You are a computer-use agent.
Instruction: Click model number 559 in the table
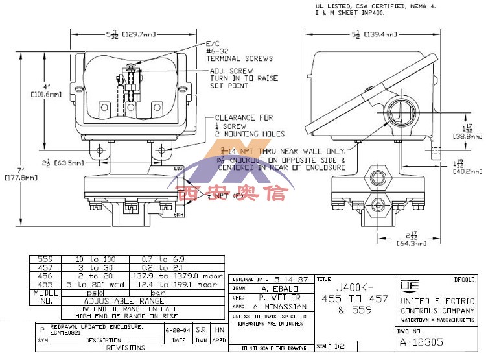tap(45, 259)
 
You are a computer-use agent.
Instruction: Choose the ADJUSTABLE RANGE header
tap(122, 301)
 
